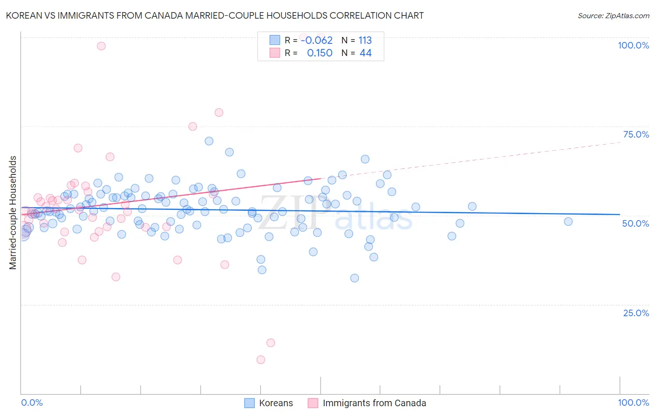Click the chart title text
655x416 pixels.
click(215, 15)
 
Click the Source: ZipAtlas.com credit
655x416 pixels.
click(613, 15)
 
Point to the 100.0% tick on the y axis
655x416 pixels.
click(633, 45)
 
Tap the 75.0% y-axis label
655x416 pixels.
click(636, 134)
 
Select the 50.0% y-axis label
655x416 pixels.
click(635, 223)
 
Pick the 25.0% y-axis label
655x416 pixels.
click(636, 312)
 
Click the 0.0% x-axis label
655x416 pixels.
click(32, 402)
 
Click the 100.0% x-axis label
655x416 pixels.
click(633, 402)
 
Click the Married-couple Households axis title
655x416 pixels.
click(13, 213)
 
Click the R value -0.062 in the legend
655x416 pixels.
click(317, 41)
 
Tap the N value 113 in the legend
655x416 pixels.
click(365, 41)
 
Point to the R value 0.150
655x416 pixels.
click(320, 53)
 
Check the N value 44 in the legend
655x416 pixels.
click(365, 53)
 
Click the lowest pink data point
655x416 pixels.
click(261, 360)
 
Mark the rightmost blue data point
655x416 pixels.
click(568, 222)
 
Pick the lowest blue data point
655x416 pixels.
click(355, 278)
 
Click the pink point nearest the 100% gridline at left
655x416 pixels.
click(101, 46)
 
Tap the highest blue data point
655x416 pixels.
click(209, 141)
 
